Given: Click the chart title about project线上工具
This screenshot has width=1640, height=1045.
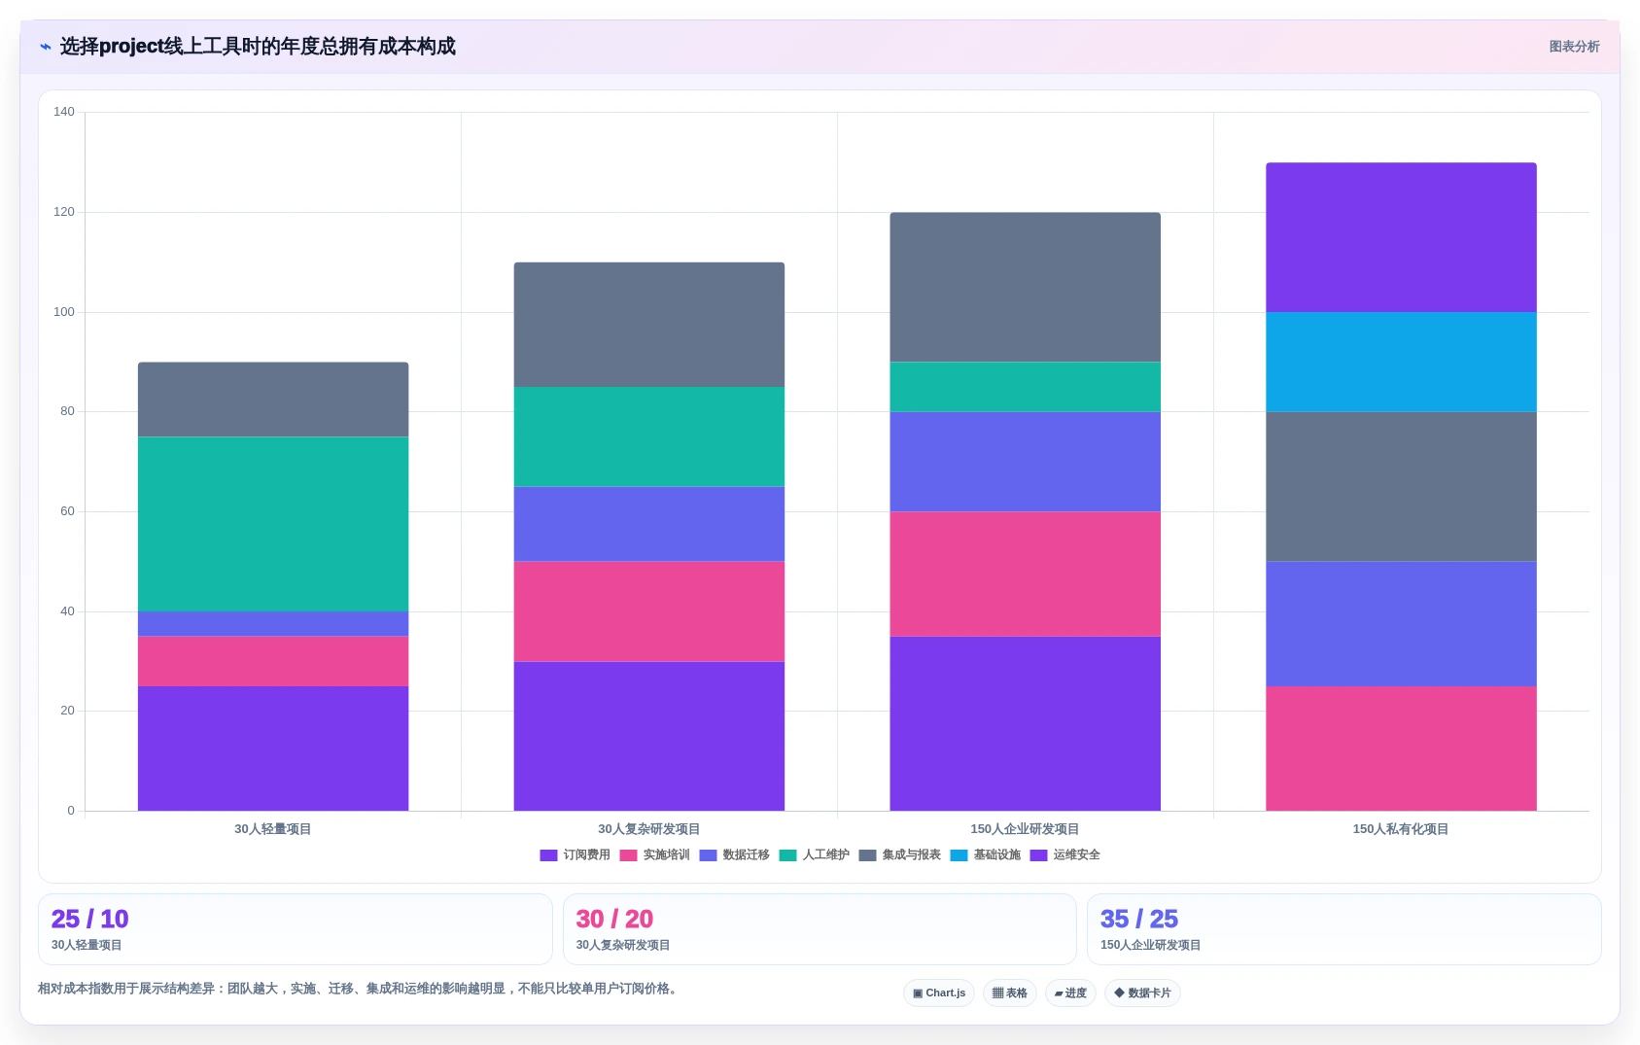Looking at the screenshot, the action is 257,46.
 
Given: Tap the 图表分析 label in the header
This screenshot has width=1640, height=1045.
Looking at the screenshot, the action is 1574,47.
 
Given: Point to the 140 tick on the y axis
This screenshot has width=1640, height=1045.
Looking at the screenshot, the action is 64,112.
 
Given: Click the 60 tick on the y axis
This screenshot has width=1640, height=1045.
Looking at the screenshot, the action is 67,511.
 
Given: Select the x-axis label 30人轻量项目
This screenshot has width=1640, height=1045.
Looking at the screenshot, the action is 272,829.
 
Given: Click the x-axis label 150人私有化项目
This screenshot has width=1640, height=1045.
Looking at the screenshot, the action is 1401,829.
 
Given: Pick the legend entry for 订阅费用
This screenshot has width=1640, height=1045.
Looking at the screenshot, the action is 575,854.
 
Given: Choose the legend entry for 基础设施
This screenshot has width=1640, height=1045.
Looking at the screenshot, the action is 985,854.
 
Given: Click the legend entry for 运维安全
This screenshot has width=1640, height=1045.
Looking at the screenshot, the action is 1064,854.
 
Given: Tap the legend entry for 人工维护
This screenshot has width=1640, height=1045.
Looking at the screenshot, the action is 814,854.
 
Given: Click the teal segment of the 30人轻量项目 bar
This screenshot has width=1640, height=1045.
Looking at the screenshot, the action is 273,524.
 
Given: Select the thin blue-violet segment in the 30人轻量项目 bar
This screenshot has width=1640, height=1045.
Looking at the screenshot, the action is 273,624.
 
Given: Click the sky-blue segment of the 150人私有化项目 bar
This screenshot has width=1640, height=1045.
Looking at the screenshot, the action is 1401,362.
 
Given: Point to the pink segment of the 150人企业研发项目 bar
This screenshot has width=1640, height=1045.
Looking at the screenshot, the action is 1025,575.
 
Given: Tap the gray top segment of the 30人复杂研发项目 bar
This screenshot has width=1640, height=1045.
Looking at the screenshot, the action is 648,325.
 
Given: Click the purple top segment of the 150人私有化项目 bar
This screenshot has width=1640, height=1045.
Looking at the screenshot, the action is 1401,237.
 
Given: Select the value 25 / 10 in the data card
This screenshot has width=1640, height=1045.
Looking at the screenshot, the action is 90,919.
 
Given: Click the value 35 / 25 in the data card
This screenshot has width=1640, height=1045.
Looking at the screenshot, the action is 1139,919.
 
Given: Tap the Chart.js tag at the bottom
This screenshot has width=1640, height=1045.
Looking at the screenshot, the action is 939,993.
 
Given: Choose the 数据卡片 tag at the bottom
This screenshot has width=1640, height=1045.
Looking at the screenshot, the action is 1142,993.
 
